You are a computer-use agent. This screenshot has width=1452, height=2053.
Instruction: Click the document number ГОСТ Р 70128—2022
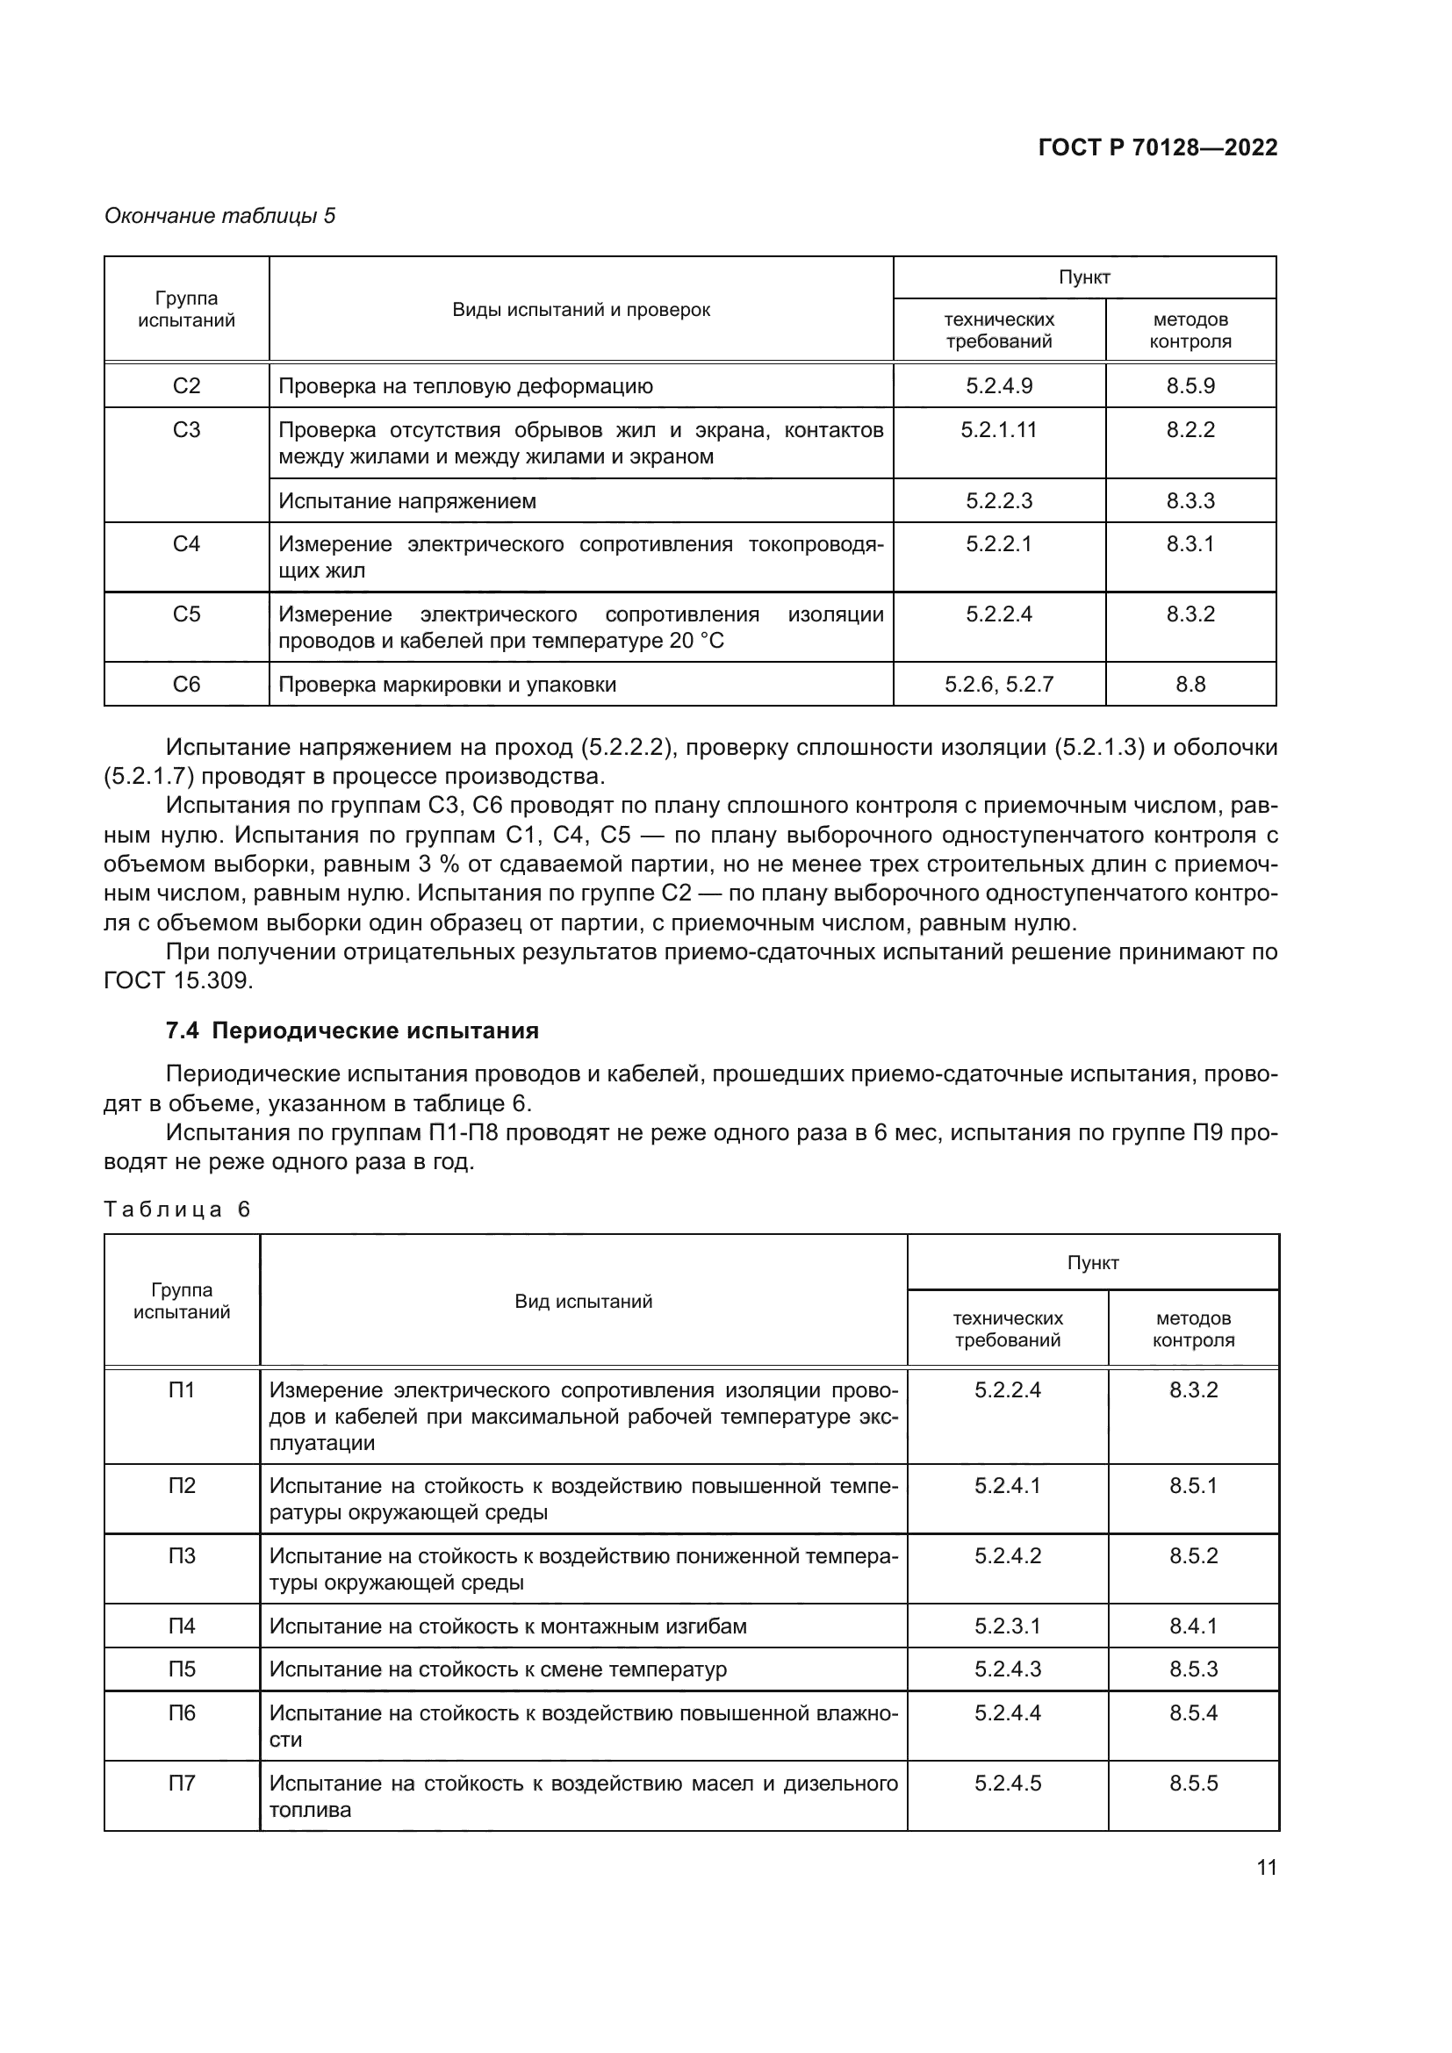tap(1157, 147)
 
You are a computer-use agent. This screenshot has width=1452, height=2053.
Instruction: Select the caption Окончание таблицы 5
tap(220, 216)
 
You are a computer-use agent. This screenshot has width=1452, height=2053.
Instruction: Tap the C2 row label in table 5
tap(186, 386)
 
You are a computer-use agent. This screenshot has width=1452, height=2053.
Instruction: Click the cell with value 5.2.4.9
tap(999, 386)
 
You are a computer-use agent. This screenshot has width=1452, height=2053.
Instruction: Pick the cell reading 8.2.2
tap(1190, 430)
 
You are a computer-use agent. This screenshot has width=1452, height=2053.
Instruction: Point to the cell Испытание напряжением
tap(406, 500)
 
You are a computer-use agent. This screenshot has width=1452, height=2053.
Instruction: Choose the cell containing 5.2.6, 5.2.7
tap(999, 685)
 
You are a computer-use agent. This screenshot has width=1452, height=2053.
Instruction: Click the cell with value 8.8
tap(1190, 685)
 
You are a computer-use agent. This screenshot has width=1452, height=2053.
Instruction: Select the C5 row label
tap(186, 614)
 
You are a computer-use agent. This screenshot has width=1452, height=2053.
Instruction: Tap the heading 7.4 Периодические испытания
tap(352, 1031)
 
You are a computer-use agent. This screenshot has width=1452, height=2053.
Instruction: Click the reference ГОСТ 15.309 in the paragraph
tap(178, 981)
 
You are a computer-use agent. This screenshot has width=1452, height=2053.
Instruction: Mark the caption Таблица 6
tap(177, 1210)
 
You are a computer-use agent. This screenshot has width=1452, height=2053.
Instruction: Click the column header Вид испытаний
tap(583, 1302)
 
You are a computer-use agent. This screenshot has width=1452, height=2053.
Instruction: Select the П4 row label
tap(182, 1626)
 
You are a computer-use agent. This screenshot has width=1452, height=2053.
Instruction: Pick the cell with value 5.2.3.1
tap(1008, 1626)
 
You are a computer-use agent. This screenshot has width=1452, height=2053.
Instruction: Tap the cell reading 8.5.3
tap(1193, 1669)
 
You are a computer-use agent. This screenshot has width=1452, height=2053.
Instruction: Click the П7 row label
tap(182, 1784)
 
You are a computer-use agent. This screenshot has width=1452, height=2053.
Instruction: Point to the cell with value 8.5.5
tap(1193, 1784)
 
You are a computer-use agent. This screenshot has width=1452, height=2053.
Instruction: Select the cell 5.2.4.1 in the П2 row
tap(1008, 1486)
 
